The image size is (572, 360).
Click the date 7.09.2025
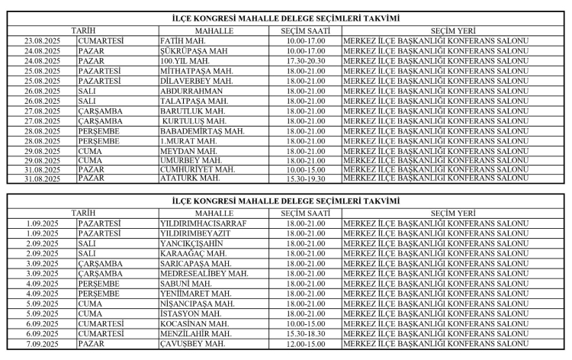tap(43, 343)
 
